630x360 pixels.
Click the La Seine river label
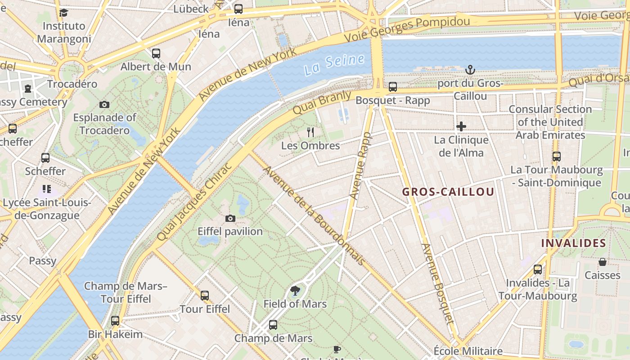334,64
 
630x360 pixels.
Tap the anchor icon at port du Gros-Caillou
470,70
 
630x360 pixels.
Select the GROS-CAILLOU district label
448,192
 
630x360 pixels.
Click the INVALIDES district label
573,243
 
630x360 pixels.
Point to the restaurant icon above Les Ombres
310,132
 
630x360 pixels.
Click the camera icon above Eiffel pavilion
230,218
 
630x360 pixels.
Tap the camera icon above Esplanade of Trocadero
104,104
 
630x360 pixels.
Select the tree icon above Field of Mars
295,291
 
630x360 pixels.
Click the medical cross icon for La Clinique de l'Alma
461,126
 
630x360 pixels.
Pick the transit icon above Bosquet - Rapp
393,87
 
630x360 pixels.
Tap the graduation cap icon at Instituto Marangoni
63,13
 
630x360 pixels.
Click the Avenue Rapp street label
360,166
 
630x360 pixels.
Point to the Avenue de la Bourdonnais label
313,216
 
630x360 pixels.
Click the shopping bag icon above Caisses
602,262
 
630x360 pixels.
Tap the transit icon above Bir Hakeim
115,321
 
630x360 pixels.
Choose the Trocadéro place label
72,84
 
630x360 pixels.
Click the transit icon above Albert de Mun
156,53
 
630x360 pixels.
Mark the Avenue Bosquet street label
437,283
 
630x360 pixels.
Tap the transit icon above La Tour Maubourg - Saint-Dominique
557,157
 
